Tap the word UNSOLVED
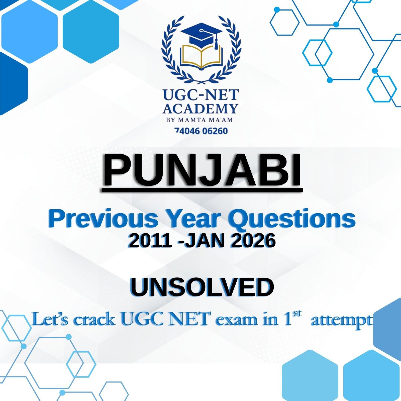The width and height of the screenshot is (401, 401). [202, 287]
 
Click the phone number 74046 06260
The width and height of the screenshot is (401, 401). [201, 131]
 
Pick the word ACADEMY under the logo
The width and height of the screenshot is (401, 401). [200, 109]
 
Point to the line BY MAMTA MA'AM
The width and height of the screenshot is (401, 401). [199, 120]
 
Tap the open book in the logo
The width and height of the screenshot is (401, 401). [202, 57]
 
